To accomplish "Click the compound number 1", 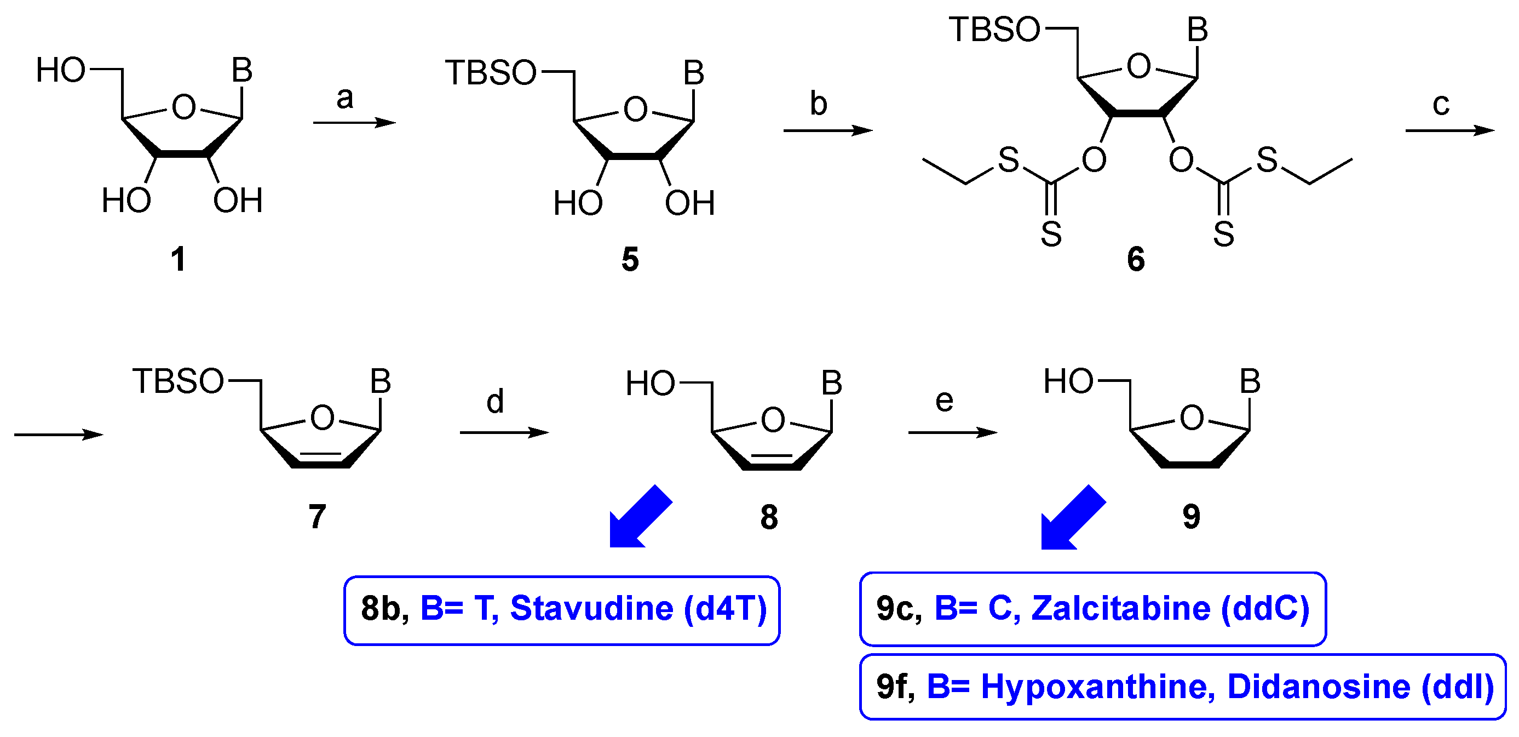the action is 178,260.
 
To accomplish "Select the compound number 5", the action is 630,260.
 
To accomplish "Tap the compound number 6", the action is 1136,260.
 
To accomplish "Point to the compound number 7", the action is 317,517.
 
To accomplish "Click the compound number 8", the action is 769,517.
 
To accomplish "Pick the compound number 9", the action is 1191,517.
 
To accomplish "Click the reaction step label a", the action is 345,98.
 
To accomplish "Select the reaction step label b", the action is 818,104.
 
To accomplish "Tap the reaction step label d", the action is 494,402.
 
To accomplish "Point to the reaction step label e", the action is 944,401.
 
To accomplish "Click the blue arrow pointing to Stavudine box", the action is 639,518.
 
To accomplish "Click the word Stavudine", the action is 591,608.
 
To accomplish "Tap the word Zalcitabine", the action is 1120,608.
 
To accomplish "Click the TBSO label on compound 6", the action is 994,30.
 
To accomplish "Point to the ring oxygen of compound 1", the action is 183,107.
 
